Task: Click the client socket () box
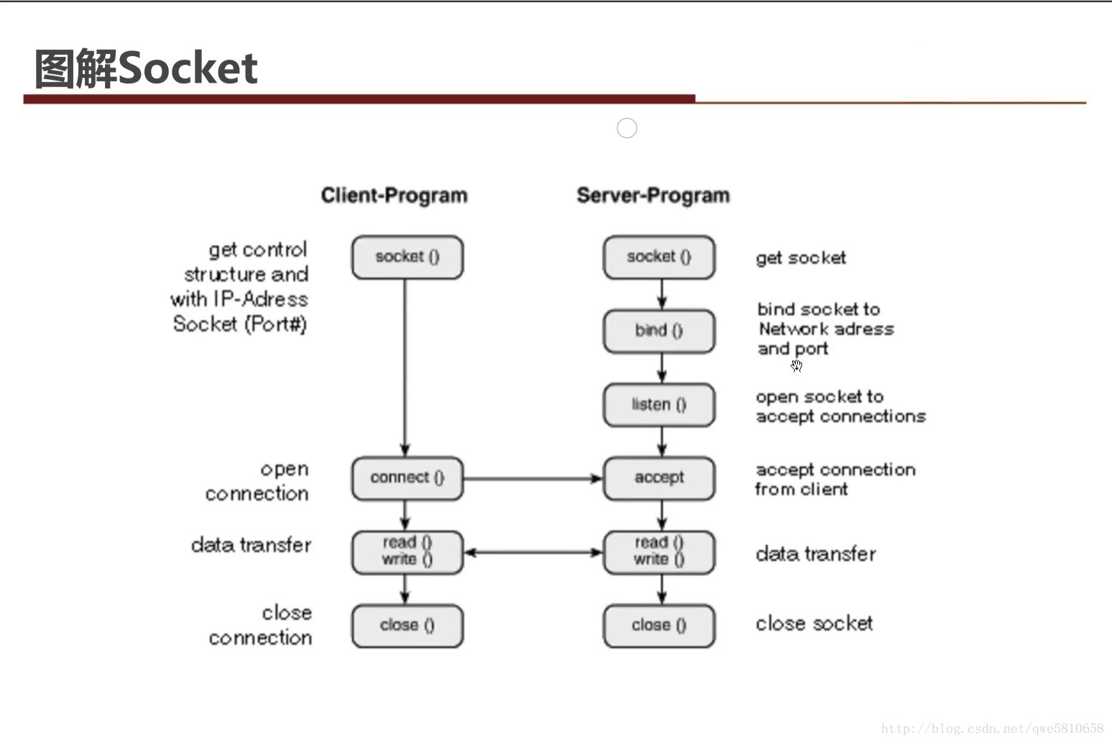click(x=408, y=257)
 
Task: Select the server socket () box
click(x=659, y=257)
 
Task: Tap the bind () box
click(x=659, y=332)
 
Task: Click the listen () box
click(x=659, y=405)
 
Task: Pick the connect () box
click(x=408, y=478)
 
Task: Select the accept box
click(x=659, y=478)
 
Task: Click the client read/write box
click(x=408, y=552)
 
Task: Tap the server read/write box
click(x=659, y=552)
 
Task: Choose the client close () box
click(x=408, y=626)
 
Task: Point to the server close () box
click(x=659, y=626)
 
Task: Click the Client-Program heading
click(x=394, y=196)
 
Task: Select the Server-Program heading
click(x=653, y=196)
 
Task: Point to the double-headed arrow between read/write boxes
click(x=533, y=552)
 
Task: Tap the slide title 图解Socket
click(x=146, y=68)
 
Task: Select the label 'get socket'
click(x=801, y=258)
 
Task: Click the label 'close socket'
click(x=814, y=624)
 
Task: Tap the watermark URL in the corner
click(x=992, y=729)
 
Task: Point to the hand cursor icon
click(x=796, y=366)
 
